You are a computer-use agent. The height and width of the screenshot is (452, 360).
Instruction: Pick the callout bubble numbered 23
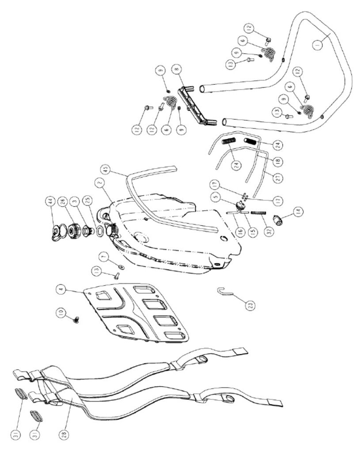[250, 304]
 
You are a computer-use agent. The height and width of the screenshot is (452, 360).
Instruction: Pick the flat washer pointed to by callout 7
[121, 267]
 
